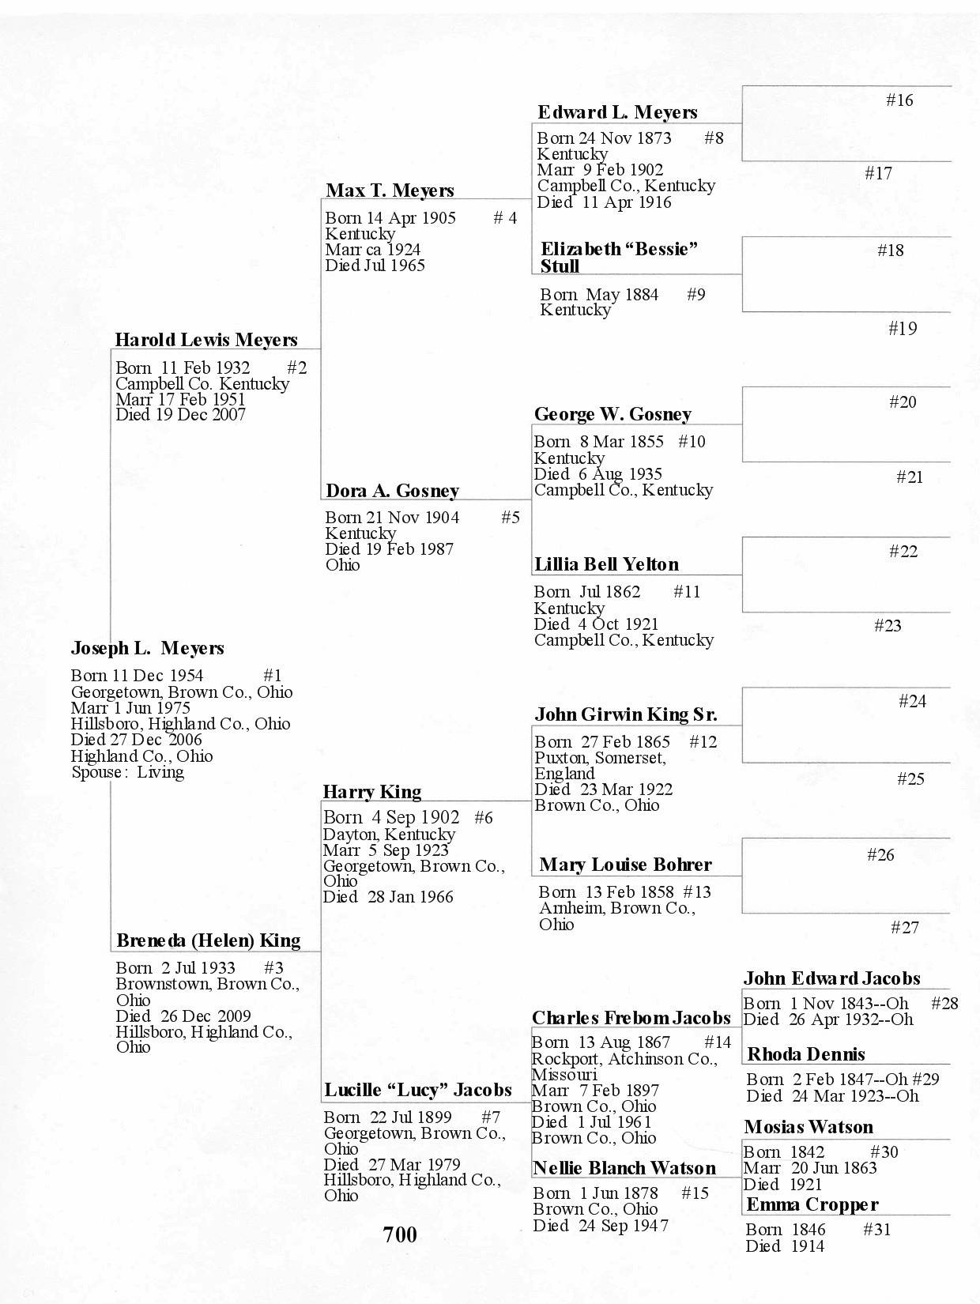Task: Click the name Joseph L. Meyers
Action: click(x=148, y=649)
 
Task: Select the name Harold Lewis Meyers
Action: click(x=206, y=341)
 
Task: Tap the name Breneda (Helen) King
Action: click(x=209, y=941)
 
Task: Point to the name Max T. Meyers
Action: click(x=390, y=191)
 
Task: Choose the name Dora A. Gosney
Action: click(x=392, y=492)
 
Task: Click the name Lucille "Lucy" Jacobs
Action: click(x=418, y=1091)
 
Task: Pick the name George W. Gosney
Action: click(x=612, y=415)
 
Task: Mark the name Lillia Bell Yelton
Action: click(x=606, y=565)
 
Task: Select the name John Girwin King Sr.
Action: click(x=626, y=715)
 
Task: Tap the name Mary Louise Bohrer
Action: click(x=625, y=865)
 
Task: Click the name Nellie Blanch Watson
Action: click(x=624, y=1169)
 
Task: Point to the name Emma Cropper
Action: click(x=812, y=1205)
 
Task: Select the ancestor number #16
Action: click(x=899, y=100)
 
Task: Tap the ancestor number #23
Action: click(x=888, y=626)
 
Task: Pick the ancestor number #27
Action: click(x=905, y=928)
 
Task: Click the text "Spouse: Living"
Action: click(x=128, y=773)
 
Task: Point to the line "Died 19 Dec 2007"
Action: click(x=180, y=415)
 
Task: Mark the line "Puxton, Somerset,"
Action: click(x=600, y=758)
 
